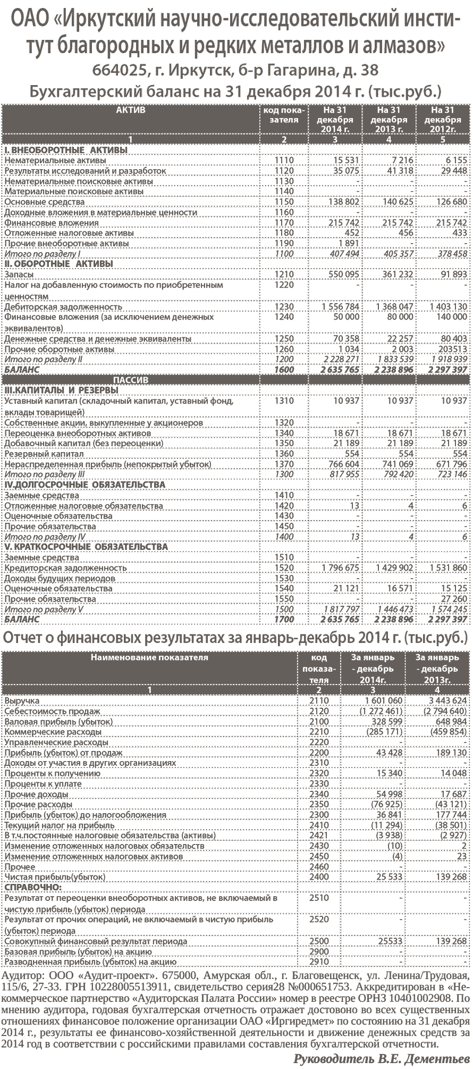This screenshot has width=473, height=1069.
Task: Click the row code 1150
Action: pyautogui.click(x=284, y=202)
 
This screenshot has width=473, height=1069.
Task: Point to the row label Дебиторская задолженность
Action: pyautogui.click(x=63, y=307)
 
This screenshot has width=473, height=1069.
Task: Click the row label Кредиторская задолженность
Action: pyautogui.click(x=65, y=568)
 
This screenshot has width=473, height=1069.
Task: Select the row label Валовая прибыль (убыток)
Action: pyautogui.click(x=58, y=722)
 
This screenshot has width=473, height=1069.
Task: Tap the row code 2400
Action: pyautogui.click(x=319, y=876)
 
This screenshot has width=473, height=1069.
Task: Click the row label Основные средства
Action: pyautogui.click(x=44, y=202)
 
